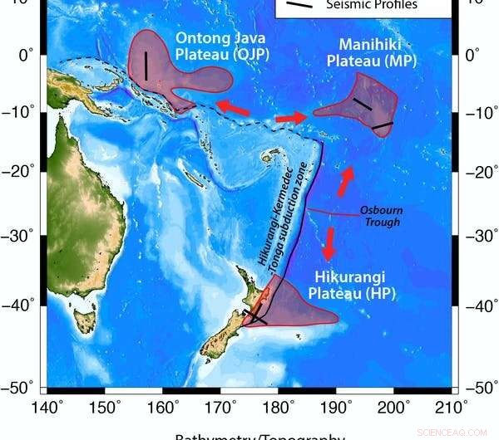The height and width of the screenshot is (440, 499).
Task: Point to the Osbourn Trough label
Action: click(379, 216)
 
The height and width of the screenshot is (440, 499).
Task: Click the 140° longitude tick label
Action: click(47, 407)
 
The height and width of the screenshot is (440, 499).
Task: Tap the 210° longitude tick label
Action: click(452, 407)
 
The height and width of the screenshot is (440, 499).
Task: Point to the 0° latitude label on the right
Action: click(472, 56)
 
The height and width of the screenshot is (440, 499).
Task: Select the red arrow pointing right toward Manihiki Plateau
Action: click(291, 118)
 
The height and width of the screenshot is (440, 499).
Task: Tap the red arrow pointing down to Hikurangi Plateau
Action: click(329, 244)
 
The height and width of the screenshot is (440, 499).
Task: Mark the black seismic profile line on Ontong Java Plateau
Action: click(146, 66)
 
